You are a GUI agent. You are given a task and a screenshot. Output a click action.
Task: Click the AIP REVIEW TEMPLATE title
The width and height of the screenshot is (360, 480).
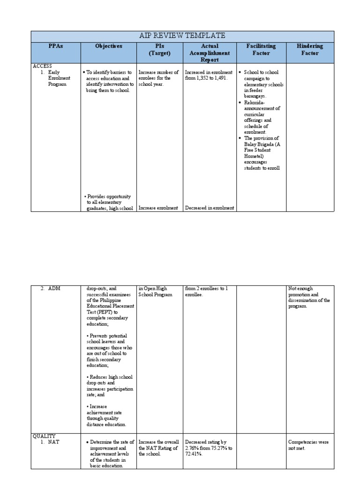183,36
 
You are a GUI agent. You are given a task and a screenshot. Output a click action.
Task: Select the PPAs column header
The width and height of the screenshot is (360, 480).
56,46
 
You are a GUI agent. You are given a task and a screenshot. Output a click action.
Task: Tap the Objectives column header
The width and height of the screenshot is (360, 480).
108,46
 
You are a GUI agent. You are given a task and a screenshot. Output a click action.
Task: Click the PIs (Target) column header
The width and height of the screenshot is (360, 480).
159,50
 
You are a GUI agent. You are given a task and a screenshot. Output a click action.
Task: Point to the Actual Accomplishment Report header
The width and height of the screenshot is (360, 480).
210,53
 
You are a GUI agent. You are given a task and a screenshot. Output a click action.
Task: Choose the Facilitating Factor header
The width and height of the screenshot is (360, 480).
261,50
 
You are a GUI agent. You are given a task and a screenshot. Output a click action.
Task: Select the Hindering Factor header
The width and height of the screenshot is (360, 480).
310,50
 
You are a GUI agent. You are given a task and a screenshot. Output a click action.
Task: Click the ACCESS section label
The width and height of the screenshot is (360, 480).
42,67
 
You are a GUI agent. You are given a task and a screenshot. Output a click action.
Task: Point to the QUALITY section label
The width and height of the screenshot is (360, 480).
44,436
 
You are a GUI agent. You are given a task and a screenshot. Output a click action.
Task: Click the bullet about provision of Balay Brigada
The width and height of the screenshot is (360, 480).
261,153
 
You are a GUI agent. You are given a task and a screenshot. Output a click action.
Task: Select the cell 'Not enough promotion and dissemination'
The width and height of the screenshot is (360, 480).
309,297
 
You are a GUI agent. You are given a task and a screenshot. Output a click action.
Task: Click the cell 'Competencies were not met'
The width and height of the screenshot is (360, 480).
309,445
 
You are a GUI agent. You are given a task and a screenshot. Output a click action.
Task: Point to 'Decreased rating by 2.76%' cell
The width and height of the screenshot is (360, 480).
208,448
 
